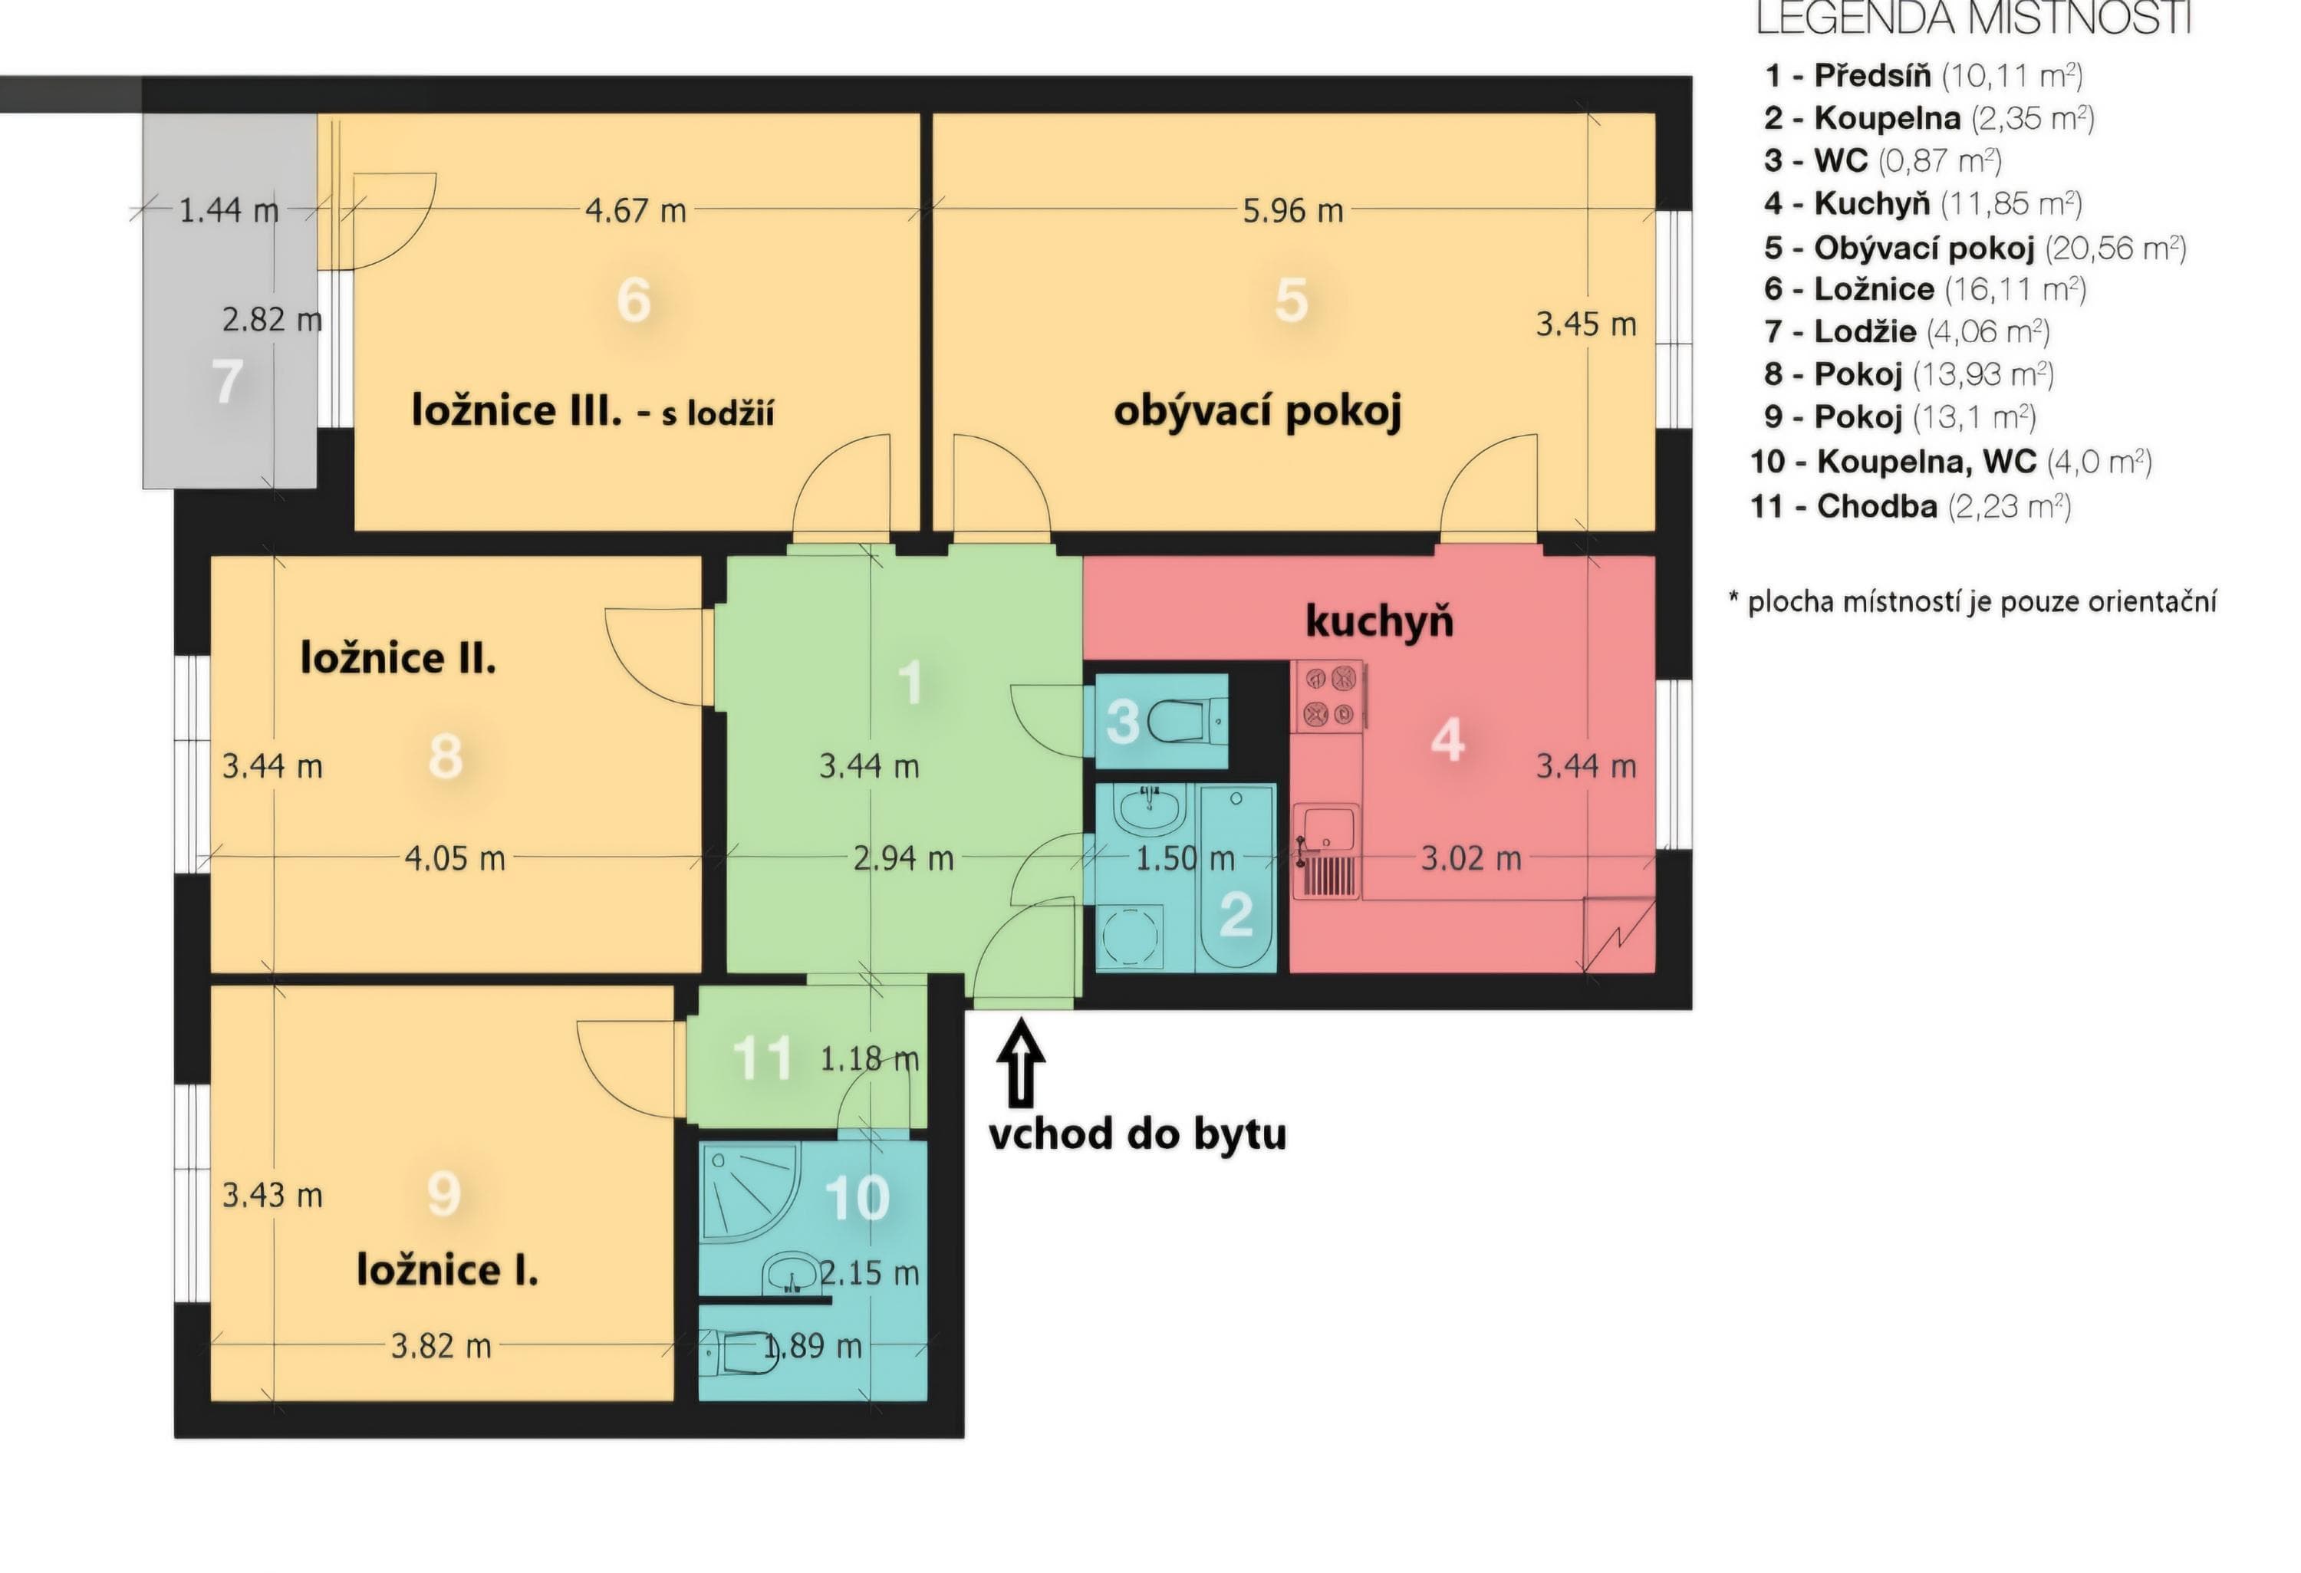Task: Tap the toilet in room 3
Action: [x=1189, y=721]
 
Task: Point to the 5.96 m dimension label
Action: [x=1293, y=210]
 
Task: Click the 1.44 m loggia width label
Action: [x=229, y=210]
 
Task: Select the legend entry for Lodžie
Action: [x=1906, y=331]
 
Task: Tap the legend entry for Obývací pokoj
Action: [x=1974, y=246]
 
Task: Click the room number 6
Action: [x=634, y=299]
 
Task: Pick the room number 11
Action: [x=762, y=1058]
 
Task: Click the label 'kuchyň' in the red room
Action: [x=1379, y=622]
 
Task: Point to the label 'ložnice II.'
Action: [x=398, y=657]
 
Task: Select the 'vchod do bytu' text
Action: [x=1137, y=1134]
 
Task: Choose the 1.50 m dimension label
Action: [x=1185, y=858]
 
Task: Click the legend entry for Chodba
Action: [x=1911, y=507]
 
